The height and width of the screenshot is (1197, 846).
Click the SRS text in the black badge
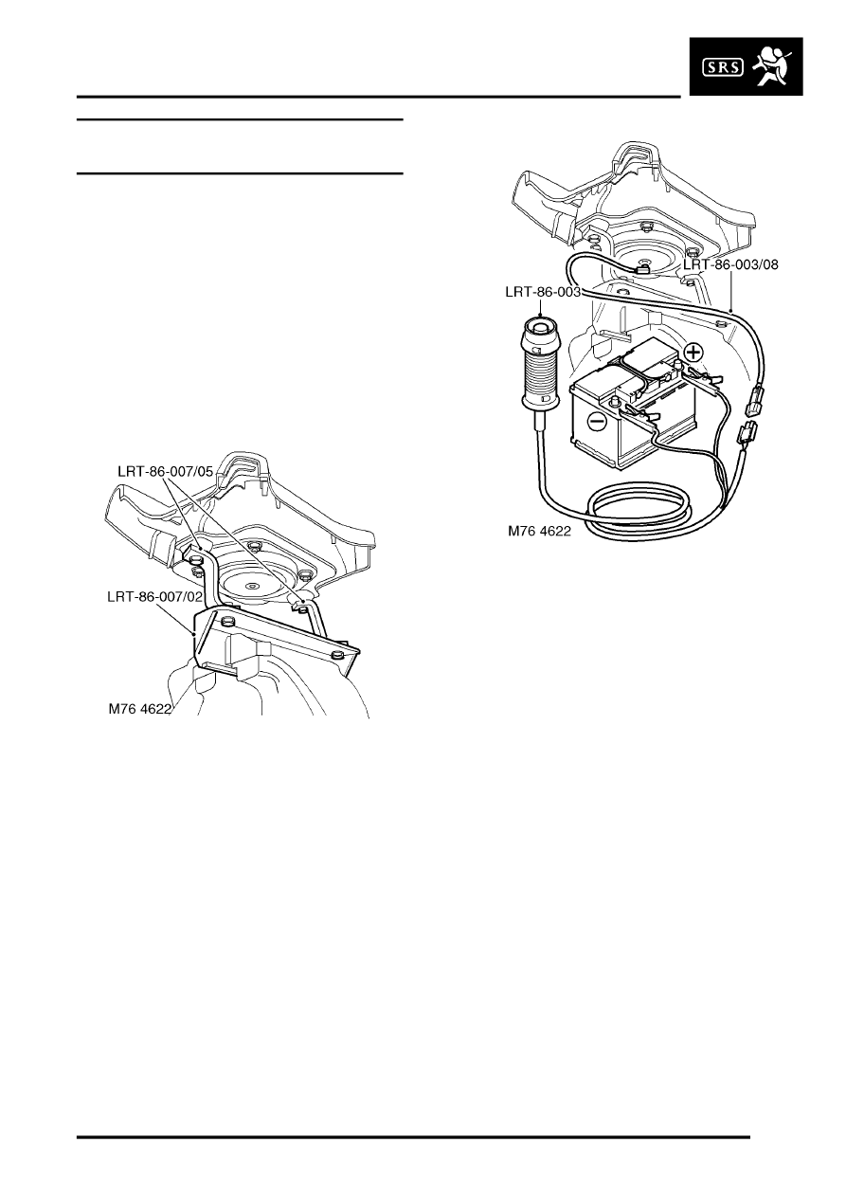pyautogui.click(x=722, y=67)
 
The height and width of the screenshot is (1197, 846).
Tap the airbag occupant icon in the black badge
pyautogui.click(x=772, y=66)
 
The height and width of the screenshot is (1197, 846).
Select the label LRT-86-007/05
pyautogui.click(x=165, y=471)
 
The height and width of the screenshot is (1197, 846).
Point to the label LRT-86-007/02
pyautogui.click(x=154, y=596)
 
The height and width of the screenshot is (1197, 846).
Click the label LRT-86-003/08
pyautogui.click(x=730, y=264)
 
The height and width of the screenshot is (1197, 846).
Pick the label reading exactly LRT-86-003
pyautogui.click(x=543, y=292)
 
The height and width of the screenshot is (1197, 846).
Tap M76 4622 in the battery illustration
pyautogui.click(x=539, y=531)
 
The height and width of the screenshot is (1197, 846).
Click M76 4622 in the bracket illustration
pyautogui.click(x=140, y=709)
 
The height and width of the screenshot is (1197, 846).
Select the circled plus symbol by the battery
pyautogui.click(x=693, y=353)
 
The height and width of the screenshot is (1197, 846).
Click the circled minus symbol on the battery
pyautogui.click(x=596, y=422)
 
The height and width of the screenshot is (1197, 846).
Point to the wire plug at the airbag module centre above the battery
pyautogui.click(x=642, y=270)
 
